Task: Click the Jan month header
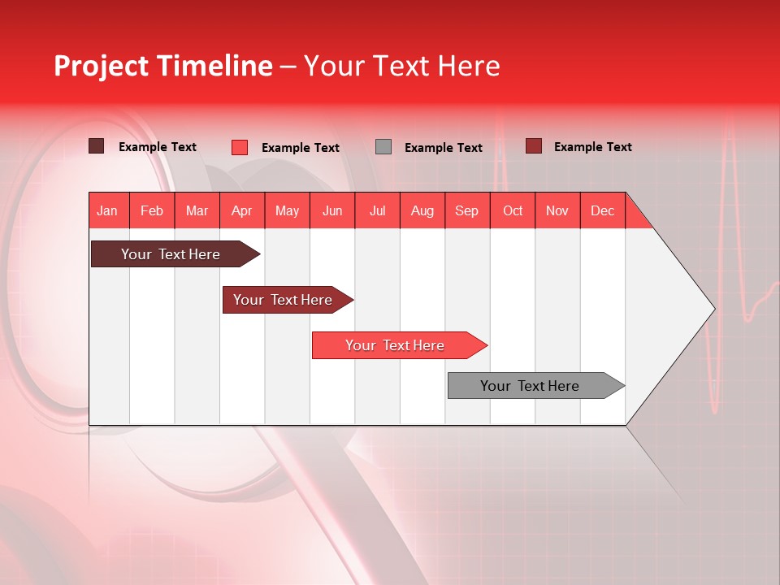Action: pos(108,210)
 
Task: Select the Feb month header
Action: pos(152,210)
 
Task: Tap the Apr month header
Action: pos(242,210)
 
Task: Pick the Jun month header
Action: pos(332,210)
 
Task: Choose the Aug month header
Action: pos(422,210)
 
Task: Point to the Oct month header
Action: pos(513,210)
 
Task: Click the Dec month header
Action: pos(602,210)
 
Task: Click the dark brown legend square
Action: pos(97,146)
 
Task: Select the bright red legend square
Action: pos(240,147)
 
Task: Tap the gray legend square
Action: pos(383,147)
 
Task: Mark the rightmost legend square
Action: pos(534,146)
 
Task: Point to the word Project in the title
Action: pos(101,66)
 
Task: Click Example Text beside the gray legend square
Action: pos(444,148)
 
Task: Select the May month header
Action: pos(287,210)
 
